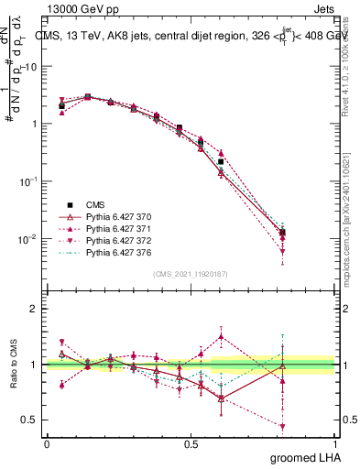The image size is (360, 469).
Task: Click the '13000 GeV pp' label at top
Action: (x=78, y=8)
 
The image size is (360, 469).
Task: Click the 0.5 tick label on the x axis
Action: (x=191, y=443)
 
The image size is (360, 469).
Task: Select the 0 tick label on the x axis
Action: (x=47, y=443)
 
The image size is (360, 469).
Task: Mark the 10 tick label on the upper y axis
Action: (x=30, y=67)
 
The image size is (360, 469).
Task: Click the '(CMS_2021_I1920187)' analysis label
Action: (x=191, y=274)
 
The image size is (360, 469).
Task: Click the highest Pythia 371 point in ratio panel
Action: (x=221, y=336)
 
